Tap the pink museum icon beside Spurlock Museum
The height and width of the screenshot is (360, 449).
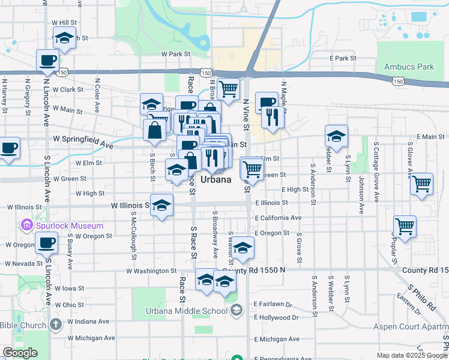(26, 226)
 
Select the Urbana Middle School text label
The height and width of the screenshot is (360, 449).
(187, 310)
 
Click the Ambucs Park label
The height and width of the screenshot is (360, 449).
(409, 67)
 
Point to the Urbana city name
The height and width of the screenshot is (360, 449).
(215, 179)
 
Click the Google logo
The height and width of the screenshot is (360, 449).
(20, 353)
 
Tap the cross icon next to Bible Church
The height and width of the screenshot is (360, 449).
(55, 325)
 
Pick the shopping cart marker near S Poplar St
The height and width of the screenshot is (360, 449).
(405, 227)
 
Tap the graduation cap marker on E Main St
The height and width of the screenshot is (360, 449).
(336, 136)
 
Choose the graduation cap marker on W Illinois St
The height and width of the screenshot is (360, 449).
(161, 205)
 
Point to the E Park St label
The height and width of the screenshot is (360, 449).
(343, 58)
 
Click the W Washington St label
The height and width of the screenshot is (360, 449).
(151, 271)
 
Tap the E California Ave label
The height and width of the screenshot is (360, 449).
(277, 218)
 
